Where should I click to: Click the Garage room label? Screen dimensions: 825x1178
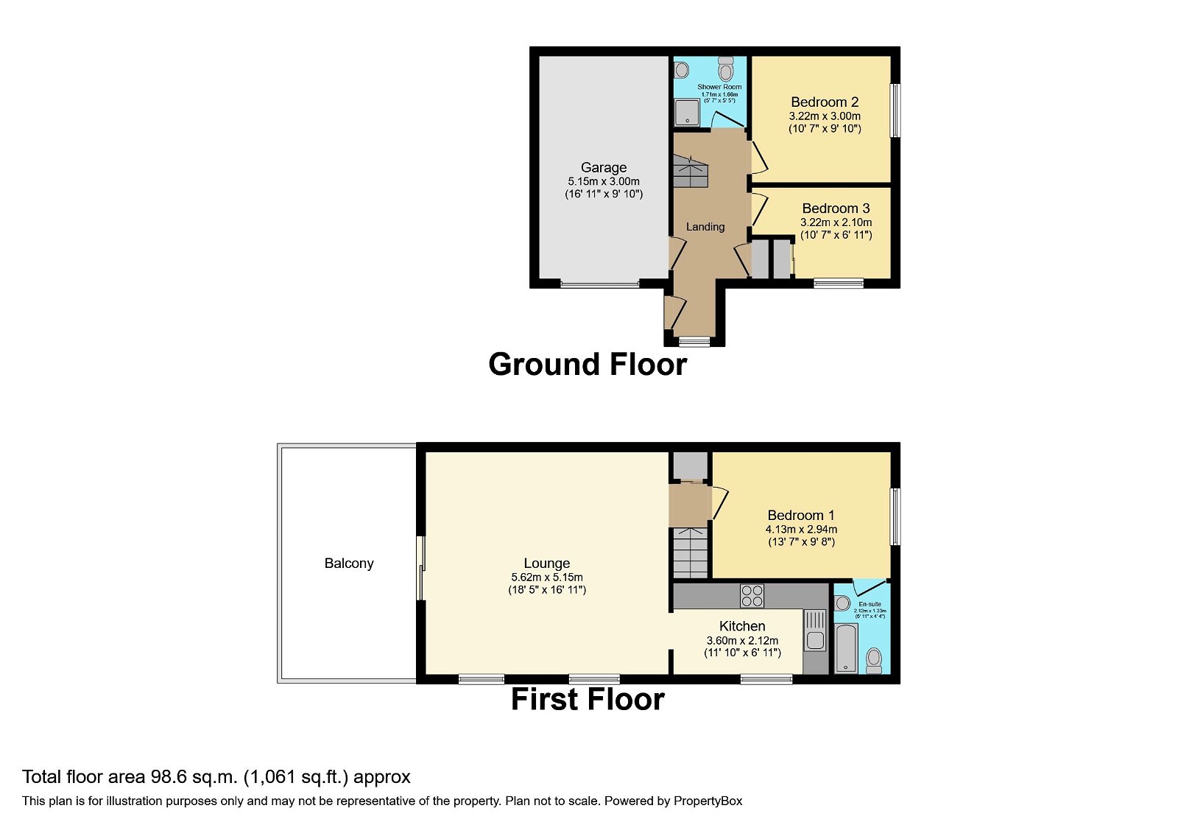point(604,168)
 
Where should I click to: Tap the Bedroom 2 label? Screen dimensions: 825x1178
point(825,102)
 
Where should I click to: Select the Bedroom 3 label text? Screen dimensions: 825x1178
point(836,208)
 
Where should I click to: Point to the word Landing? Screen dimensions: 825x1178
point(705,227)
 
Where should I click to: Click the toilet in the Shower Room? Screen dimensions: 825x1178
point(726,70)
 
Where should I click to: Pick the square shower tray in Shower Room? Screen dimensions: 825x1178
point(688,113)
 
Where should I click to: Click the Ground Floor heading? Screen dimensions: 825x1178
point(588,365)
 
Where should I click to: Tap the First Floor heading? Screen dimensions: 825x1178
point(588,700)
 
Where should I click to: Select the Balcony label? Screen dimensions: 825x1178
point(349,564)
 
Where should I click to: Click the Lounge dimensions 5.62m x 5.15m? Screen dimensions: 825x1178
point(547,577)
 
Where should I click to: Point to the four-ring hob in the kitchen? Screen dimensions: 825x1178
point(752,595)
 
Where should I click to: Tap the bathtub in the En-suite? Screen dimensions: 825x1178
point(847,648)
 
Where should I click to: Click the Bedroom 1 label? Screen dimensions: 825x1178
point(801,516)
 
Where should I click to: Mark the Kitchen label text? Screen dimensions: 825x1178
point(742,626)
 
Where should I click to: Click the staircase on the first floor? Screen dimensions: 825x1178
point(690,554)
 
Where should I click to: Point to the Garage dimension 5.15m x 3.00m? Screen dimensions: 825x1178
point(604,181)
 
